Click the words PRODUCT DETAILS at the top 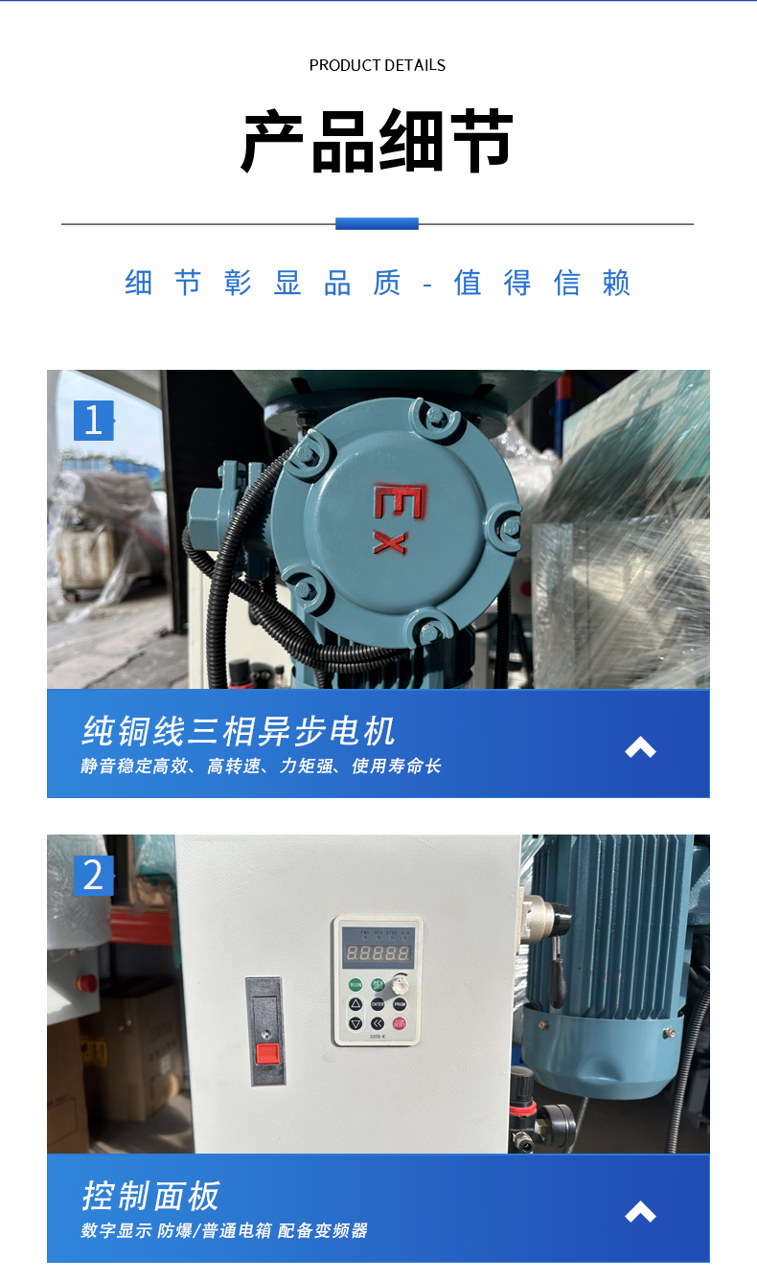pos(378,65)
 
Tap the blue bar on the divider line pos(377,223)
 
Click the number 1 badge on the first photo pos(93,421)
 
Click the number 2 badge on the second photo pos(93,876)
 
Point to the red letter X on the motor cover pos(389,542)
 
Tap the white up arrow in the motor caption pos(640,747)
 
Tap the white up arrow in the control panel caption pos(640,1212)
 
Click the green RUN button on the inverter pos(356,984)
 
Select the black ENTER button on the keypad pos(378,1004)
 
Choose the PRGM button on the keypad pos(400,1004)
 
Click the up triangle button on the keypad pos(356,1004)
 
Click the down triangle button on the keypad pos(356,1023)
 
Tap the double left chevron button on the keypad pos(378,1023)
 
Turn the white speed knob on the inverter pos(401,983)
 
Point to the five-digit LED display pos(378,954)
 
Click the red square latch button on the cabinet pos(266,1055)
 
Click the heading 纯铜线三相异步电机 pos(239,732)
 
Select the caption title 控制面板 pos(151,1196)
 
